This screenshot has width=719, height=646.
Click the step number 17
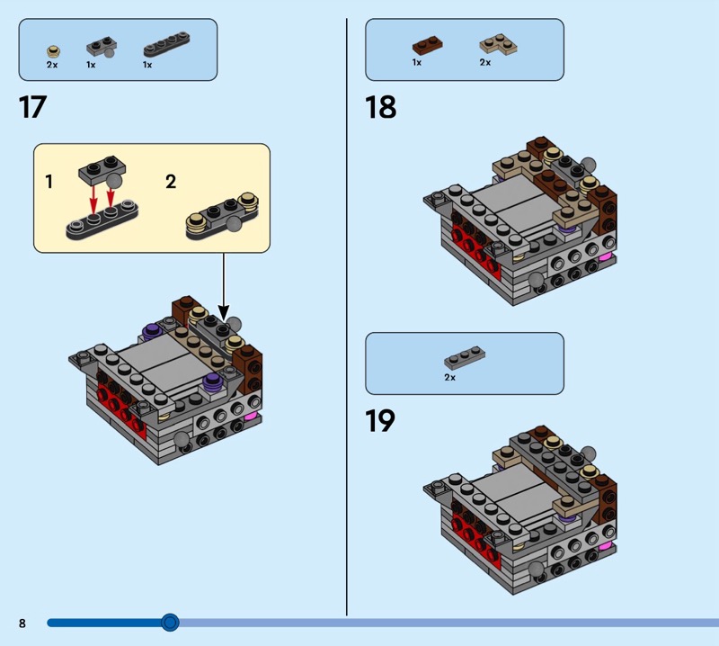pos(32,107)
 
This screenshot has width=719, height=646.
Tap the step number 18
pos(380,107)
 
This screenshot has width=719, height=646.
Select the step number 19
pos(380,421)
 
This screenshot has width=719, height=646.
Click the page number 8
pos(22,623)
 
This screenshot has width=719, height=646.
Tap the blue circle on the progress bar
pos(170,623)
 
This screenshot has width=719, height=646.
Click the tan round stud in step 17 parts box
pos(54,51)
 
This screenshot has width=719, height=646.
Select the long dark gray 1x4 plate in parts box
pos(166,43)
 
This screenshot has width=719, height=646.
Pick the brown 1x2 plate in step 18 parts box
pos(428,45)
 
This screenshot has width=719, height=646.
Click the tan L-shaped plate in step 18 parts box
pos(498,44)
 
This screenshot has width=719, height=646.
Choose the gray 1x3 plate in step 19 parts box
pos(465,358)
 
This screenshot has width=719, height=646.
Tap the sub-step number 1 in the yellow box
pos(49,182)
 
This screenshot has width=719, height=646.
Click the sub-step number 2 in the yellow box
pos(171,182)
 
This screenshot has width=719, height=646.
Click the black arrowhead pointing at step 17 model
pos(223,313)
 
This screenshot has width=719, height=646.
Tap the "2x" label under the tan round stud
pos(52,65)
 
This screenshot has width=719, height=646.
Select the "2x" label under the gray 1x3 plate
pos(450,377)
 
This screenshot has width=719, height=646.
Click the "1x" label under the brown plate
pos(417,62)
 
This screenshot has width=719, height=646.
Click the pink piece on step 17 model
pos(252,417)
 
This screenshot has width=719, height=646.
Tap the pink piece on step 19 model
pos(605,545)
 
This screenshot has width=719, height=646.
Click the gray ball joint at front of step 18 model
pos(536,280)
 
